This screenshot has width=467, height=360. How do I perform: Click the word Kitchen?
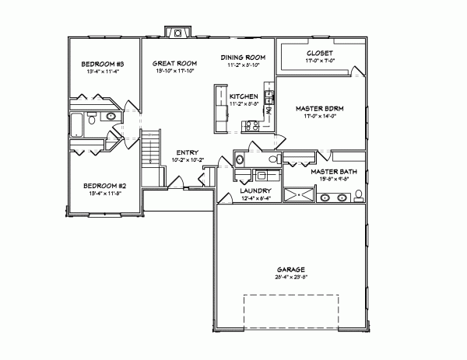(244, 95)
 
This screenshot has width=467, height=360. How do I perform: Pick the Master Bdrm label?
(319, 109)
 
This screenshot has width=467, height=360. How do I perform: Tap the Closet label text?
(320, 53)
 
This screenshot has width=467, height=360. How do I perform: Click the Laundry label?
(255, 190)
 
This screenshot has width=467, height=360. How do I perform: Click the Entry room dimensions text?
(187, 160)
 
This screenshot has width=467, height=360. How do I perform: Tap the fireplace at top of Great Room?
(178, 33)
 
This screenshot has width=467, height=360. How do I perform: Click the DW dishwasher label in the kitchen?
(269, 111)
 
